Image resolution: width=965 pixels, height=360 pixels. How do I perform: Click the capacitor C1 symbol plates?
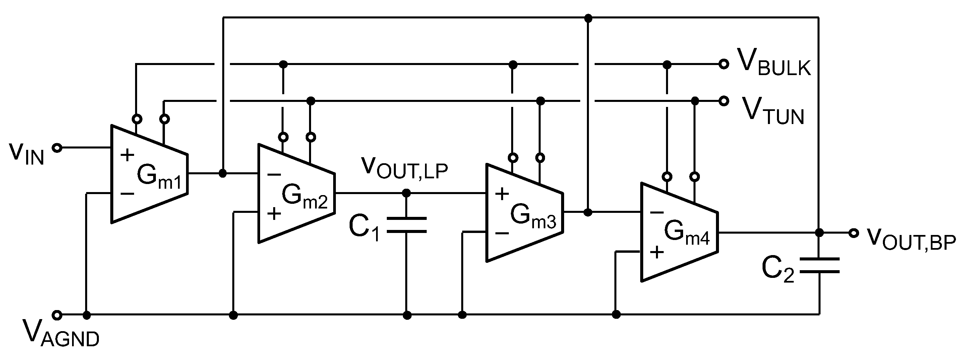[407, 225]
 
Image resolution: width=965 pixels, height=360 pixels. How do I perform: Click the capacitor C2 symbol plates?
[819, 265]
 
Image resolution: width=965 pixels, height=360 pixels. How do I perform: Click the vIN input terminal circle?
[57, 148]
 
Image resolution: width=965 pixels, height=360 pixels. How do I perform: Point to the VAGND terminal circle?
[57, 315]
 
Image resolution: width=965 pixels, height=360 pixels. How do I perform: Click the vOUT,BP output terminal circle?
[853, 233]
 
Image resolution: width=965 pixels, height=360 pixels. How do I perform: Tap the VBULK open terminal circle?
[724, 64]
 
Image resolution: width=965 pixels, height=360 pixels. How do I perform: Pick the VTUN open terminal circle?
[724, 101]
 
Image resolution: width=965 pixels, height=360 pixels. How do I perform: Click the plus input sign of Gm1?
[127, 155]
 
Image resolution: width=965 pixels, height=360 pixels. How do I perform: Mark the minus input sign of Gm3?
[502, 233]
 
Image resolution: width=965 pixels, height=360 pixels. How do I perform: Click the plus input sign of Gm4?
[657, 252]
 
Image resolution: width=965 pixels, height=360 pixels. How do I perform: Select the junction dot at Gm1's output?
[223, 173]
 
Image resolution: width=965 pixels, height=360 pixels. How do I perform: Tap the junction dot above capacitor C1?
[407, 193]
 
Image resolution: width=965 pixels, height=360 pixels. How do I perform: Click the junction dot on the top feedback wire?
[588, 18]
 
